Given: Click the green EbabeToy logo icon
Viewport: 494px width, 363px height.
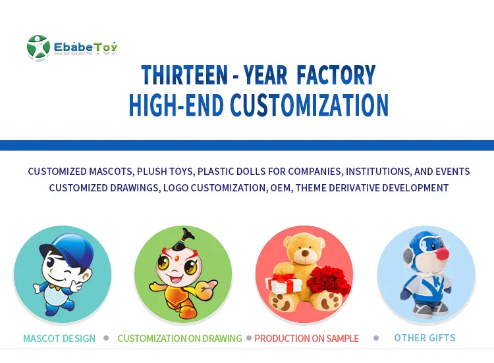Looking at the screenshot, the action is tap(38, 47).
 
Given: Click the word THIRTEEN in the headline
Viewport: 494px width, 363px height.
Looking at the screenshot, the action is tap(184, 75).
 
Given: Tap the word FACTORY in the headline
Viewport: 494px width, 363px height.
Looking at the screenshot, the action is tap(336, 75).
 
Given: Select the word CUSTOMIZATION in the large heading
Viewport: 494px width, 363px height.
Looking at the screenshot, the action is tap(310, 105).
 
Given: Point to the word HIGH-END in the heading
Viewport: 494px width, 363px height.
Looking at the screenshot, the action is tap(177, 105).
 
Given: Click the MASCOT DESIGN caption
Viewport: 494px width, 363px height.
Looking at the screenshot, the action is tap(59, 339).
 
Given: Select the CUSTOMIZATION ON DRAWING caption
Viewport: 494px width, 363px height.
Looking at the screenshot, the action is tap(180, 339).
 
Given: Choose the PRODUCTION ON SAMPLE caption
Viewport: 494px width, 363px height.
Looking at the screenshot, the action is tap(306, 339).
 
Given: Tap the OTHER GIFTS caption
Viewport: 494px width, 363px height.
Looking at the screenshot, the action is tap(425, 338).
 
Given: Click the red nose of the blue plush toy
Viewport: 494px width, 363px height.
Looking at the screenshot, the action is tap(443, 253).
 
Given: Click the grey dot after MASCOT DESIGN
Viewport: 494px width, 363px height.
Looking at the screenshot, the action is tap(106, 338).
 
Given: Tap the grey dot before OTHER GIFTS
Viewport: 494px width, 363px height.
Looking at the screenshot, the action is tap(376, 338).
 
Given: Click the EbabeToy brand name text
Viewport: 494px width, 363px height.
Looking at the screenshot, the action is tap(86, 47).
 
